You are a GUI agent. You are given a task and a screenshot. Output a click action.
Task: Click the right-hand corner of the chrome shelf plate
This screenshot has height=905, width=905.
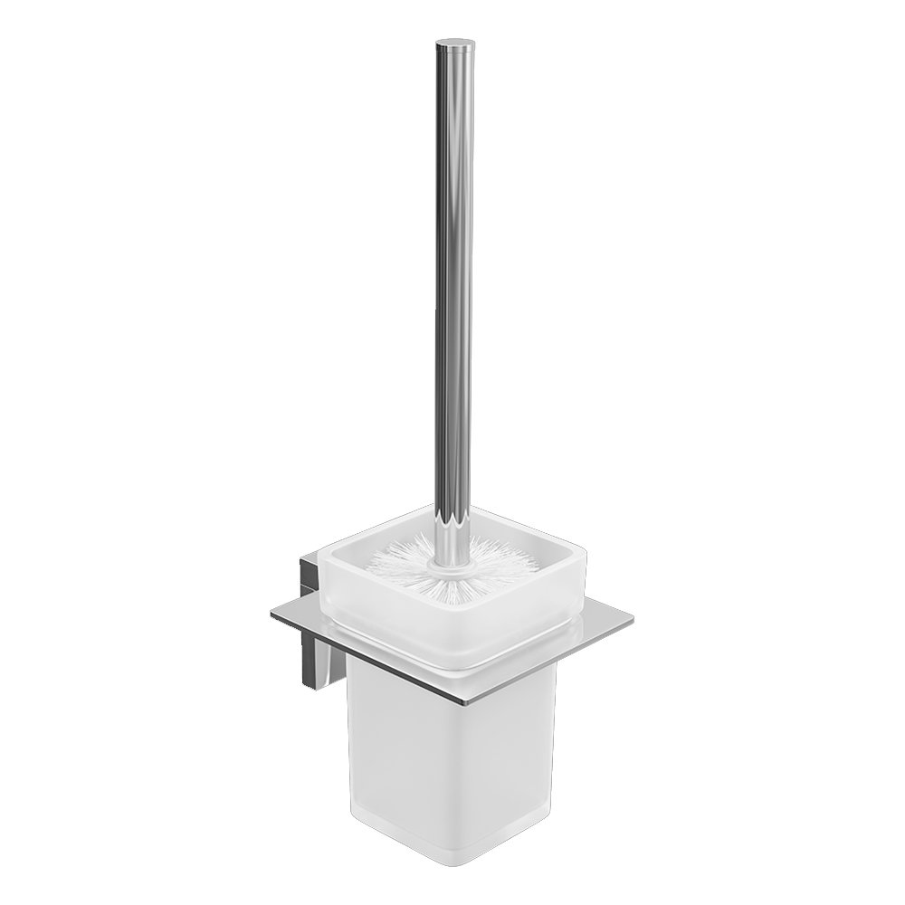click(x=631, y=621)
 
